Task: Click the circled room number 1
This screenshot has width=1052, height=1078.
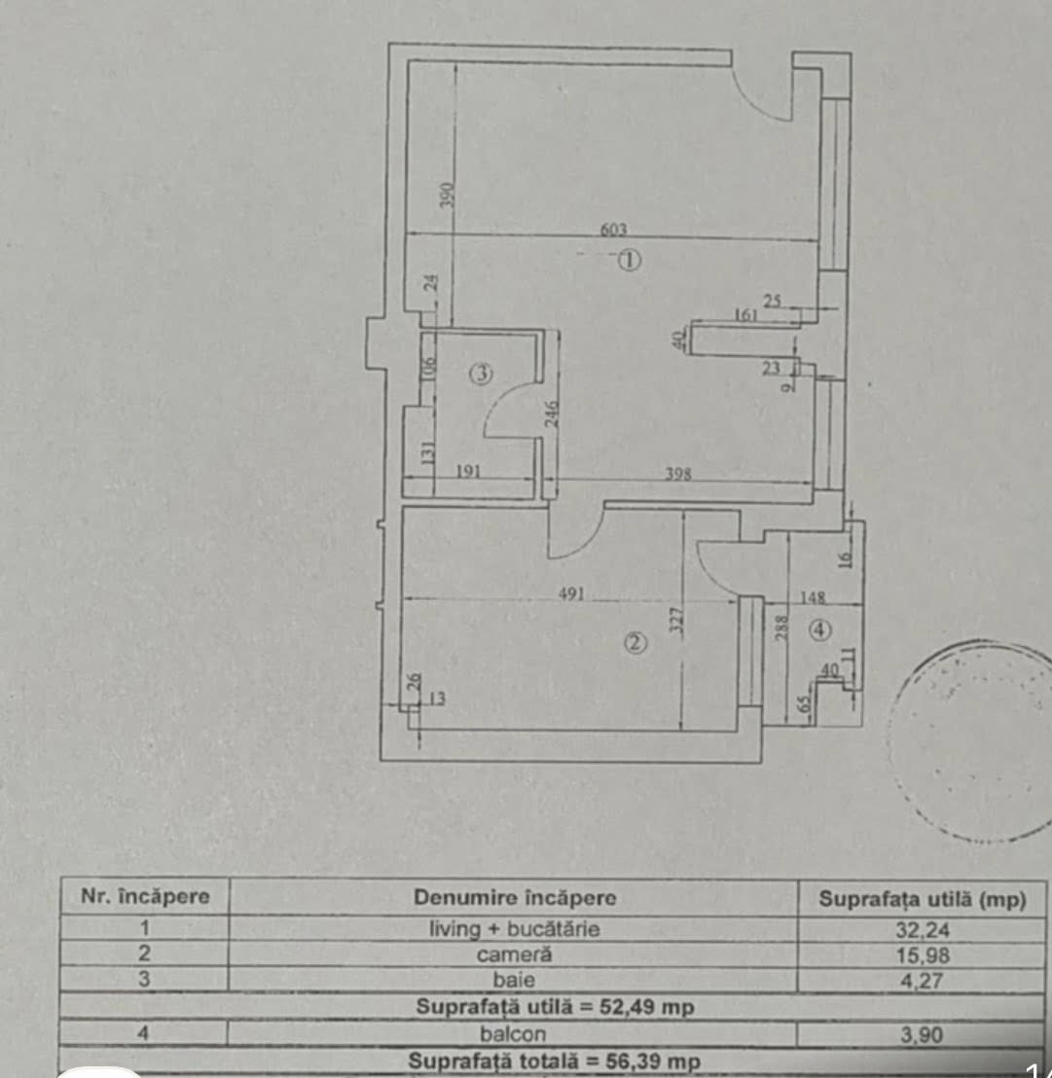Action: pos(629,261)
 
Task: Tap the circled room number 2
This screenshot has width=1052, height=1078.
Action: pos(635,643)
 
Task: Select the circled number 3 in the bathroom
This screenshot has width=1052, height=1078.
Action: pos(481,374)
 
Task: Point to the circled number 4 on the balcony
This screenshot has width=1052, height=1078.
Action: pos(819,629)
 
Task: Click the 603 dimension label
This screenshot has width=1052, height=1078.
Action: pos(613,229)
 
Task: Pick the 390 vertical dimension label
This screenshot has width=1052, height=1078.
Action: pos(447,195)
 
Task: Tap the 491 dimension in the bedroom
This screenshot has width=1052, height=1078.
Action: pos(570,593)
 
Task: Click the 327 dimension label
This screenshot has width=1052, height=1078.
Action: pos(676,620)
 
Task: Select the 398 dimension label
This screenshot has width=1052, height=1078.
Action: pos(678,474)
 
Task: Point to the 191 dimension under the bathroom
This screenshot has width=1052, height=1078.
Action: pos(468,472)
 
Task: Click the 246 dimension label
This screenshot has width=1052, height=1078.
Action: pos(552,413)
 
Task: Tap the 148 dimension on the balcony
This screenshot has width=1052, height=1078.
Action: pos(813,597)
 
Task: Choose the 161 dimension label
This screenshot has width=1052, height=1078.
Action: pos(746,315)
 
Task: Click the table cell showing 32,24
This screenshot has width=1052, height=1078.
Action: pos(922,930)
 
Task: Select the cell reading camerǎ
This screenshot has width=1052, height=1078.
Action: pos(514,954)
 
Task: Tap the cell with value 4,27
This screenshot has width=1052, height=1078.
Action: pos(922,981)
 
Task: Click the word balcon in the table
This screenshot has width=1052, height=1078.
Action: pos(513,1033)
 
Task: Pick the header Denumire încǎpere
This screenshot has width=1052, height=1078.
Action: pos(514,897)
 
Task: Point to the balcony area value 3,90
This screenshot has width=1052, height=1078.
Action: pos(922,1034)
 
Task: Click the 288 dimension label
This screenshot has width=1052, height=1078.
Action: pos(781,628)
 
